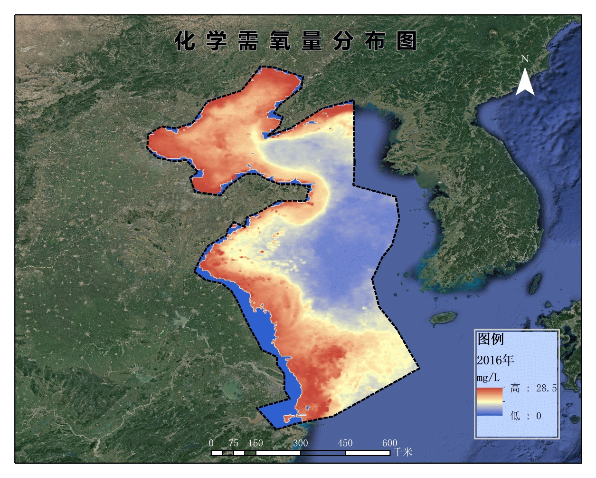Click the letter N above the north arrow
pos(525,59)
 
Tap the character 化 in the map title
pos(185,41)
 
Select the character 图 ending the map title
pos(407,41)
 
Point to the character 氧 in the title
pos(280,41)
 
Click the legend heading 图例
pos(491,339)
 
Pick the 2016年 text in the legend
pos(495,360)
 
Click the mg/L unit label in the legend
pos(488,378)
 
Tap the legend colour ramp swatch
pos(490,401)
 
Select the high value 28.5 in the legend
pos(546,388)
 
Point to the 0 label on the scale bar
pos(211,443)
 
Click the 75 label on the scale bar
pos(233,443)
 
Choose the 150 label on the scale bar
pos(255,443)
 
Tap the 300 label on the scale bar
pos(300,443)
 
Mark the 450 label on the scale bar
pos(345,443)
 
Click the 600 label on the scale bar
pos(390,443)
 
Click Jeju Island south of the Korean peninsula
pos(444,318)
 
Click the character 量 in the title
pos(312,41)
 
